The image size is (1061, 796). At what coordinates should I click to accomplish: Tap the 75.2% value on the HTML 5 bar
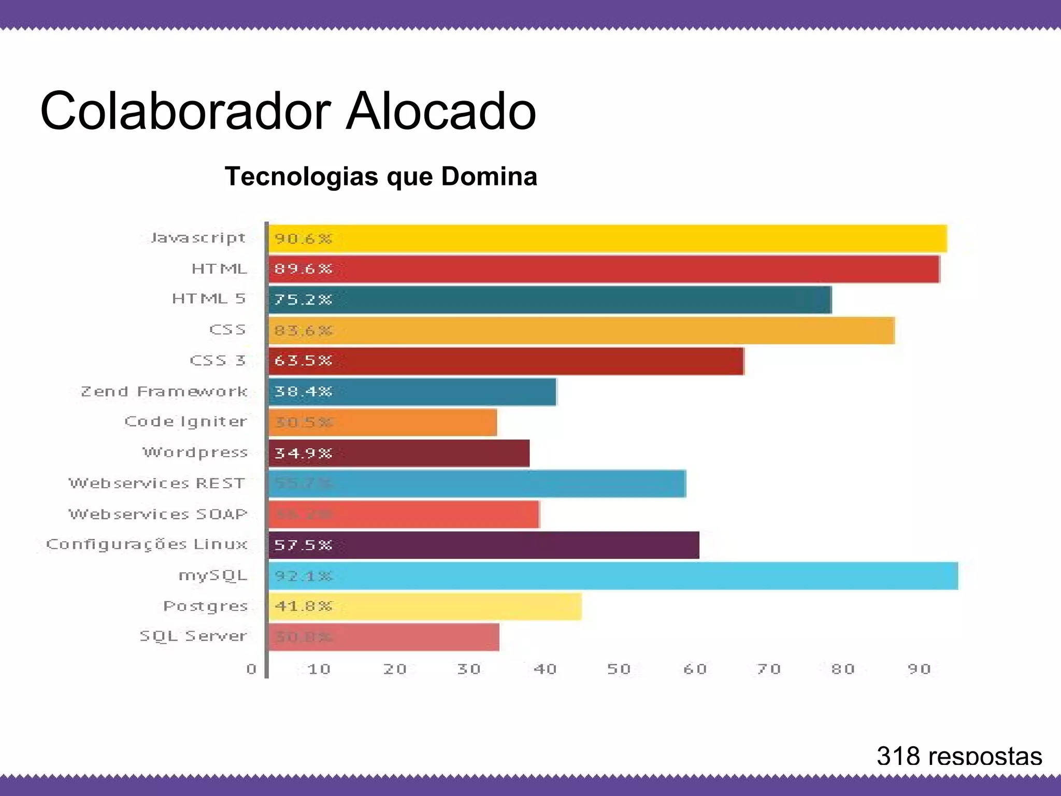pyautogui.click(x=303, y=300)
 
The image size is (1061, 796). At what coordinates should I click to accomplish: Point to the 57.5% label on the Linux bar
pyautogui.click(x=303, y=545)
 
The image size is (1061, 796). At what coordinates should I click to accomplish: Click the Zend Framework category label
pyautogui.click(x=164, y=391)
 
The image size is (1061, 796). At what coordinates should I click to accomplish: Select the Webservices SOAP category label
pyautogui.click(x=158, y=514)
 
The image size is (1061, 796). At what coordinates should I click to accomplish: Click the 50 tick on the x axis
pyautogui.click(x=619, y=669)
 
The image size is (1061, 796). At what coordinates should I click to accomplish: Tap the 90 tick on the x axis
pyautogui.click(x=919, y=669)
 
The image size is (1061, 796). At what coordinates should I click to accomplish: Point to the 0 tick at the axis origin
pyautogui.click(x=252, y=669)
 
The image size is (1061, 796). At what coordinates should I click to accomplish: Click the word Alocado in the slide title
pyautogui.click(x=440, y=111)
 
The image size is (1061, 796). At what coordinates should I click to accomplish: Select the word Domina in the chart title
pyautogui.click(x=489, y=176)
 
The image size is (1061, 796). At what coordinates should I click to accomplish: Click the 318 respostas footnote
pyautogui.click(x=959, y=756)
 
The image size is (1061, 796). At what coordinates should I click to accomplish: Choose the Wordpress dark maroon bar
pyautogui.click(x=399, y=453)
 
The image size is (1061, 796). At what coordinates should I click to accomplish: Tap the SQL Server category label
pyautogui.click(x=193, y=636)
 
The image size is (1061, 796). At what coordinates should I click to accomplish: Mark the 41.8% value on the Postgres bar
pyautogui.click(x=303, y=606)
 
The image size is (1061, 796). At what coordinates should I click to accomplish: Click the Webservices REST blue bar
pyautogui.click(x=477, y=484)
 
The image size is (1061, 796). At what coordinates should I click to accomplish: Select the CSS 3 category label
pyautogui.click(x=218, y=360)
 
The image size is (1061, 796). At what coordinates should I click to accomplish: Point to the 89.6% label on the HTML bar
pyautogui.click(x=303, y=269)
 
